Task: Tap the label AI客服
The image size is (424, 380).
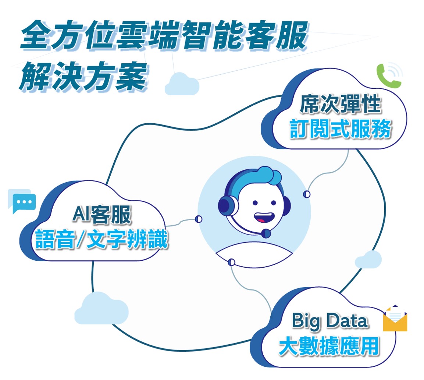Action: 101,215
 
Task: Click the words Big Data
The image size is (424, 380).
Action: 330,321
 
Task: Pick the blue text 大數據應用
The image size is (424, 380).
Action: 329,346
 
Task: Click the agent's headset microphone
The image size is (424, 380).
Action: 266,233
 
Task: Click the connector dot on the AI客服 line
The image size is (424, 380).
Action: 199,219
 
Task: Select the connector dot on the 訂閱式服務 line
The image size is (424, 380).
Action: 307,194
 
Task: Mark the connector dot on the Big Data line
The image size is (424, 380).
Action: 231,262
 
